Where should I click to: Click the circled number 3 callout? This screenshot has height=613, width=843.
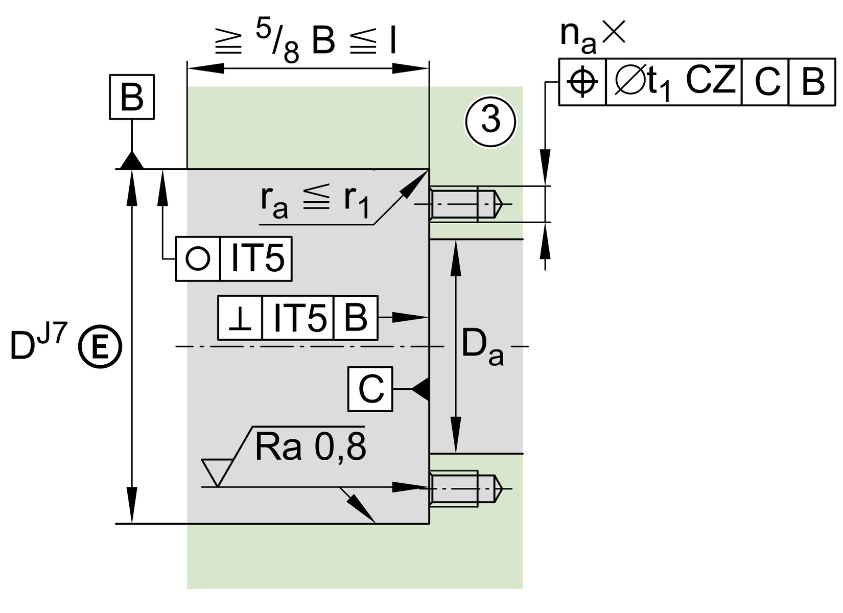pyautogui.click(x=490, y=122)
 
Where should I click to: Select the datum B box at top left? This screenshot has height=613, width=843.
pyautogui.click(x=132, y=97)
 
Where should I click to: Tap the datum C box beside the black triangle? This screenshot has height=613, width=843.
pyautogui.click(x=370, y=389)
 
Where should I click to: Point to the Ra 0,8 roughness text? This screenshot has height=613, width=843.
pyautogui.click(x=310, y=447)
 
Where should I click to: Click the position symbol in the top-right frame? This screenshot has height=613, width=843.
pyautogui.click(x=582, y=82)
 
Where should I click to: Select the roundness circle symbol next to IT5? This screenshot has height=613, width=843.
pyautogui.click(x=198, y=259)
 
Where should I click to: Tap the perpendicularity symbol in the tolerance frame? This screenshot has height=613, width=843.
pyautogui.click(x=240, y=318)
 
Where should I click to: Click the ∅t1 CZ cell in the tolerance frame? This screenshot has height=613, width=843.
pyautogui.click(x=673, y=82)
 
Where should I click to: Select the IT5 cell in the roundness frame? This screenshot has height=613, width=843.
pyautogui.click(x=256, y=259)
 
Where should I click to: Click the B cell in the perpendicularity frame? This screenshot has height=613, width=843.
pyautogui.click(x=356, y=318)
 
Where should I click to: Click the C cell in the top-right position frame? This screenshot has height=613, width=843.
pyautogui.click(x=765, y=82)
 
